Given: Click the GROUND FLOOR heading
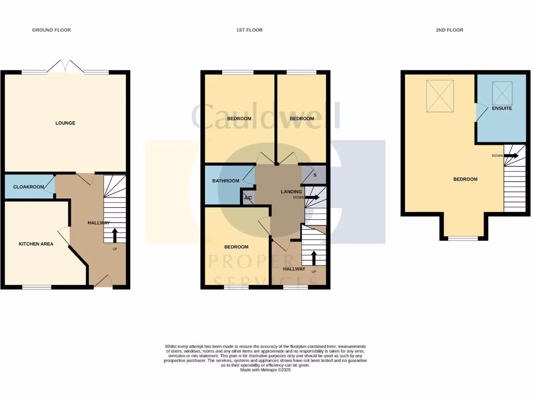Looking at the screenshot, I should (x=52, y=30).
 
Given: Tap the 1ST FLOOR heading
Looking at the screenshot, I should (x=249, y=30).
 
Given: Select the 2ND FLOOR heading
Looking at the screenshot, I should (x=449, y=30).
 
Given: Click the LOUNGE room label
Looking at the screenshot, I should (x=66, y=123).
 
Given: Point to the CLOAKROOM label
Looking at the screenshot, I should (x=29, y=187).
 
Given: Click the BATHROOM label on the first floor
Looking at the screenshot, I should (x=225, y=181).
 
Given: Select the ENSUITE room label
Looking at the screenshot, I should (x=502, y=108).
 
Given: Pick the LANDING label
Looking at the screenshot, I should (x=291, y=192).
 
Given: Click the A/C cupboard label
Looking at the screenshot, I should (x=248, y=198).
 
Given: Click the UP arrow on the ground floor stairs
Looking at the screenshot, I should (x=115, y=235).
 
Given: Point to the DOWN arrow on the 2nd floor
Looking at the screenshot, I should (x=511, y=155).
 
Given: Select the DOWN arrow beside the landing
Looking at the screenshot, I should (x=312, y=197).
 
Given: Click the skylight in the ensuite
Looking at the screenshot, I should (x=502, y=93).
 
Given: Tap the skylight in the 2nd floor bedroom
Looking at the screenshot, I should (x=440, y=95).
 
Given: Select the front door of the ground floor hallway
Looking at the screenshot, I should (x=103, y=282).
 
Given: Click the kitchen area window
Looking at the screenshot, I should (x=36, y=286).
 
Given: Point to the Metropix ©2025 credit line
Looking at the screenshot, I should (x=266, y=370).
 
